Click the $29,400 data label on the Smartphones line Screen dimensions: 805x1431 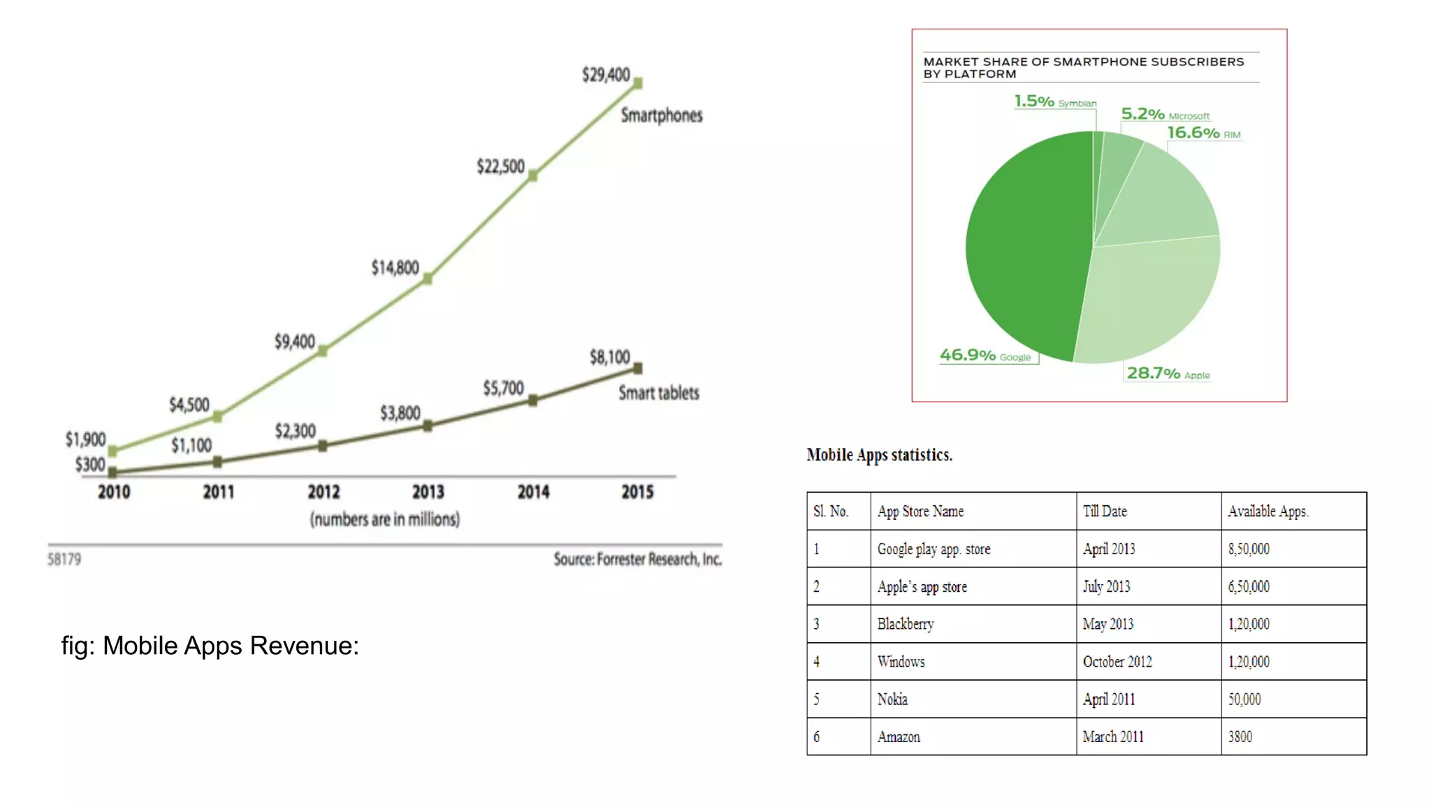pyautogui.click(x=606, y=75)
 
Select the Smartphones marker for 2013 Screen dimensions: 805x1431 pyautogui.click(x=428, y=279)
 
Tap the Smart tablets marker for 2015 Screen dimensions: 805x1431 pyautogui.click(x=637, y=368)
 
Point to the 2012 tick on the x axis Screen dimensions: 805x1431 pyautogui.click(x=324, y=492)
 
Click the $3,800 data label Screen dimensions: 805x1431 pyautogui.click(x=400, y=413)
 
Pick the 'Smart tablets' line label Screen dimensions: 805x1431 pyautogui.click(x=658, y=393)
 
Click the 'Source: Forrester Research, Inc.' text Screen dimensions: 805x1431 pyautogui.click(x=637, y=559)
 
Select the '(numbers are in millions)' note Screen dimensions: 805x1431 pyautogui.click(x=385, y=519)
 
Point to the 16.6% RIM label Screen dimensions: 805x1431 pyautogui.click(x=1203, y=133)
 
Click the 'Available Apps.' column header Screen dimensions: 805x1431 pyautogui.click(x=1268, y=512)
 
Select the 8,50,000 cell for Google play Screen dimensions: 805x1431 pyautogui.click(x=1249, y=549)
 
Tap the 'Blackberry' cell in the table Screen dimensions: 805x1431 pyautogui.click(x=906, y=624)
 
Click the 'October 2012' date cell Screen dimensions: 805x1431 pyautogui.click(x=1117, y=662)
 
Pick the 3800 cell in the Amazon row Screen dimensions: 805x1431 pyautogui.click(x=1240, y=737)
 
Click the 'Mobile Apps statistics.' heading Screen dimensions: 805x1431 pyautogui.click(x=879, y=455)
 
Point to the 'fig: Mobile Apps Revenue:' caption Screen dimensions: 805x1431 pyautogui.click(x=210, y=646)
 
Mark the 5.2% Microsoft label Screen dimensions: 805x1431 pyautogui.click(x=1165, y=114)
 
